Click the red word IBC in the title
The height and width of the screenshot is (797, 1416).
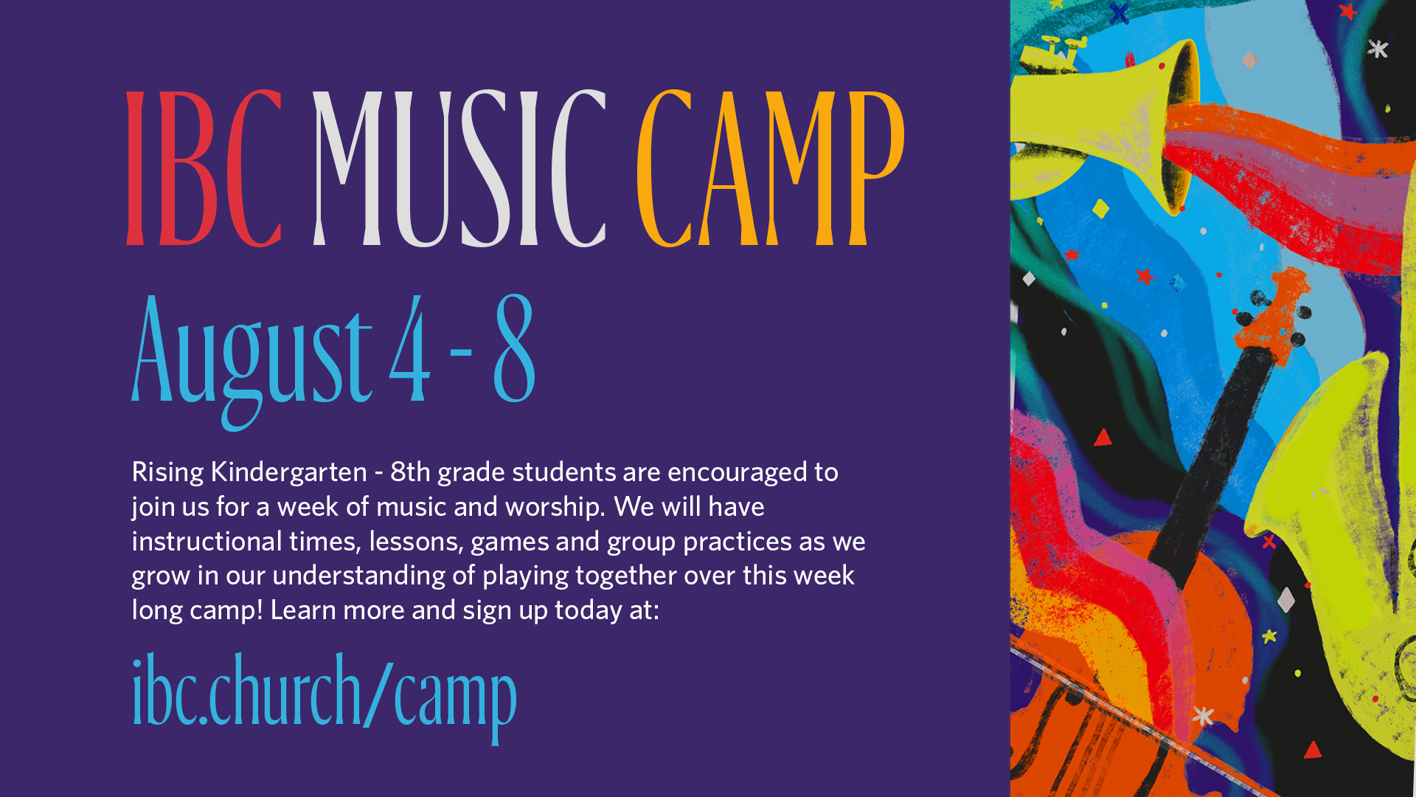(x=204, y=168)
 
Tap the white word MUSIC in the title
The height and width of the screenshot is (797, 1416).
(x=459, y=168)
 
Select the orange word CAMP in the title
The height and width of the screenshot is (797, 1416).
(x=771, y=168)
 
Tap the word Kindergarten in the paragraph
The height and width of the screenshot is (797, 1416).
(x=288, y=472)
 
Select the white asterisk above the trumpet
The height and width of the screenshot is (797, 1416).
(x=1378, y=49)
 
